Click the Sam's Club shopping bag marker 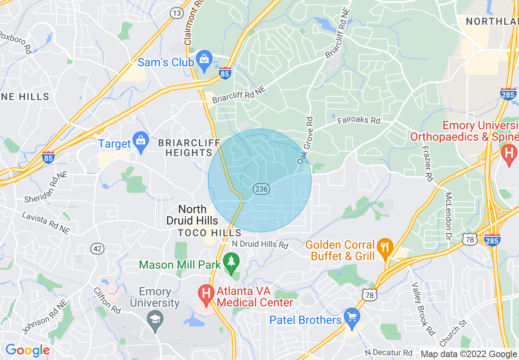(x=203, y=60)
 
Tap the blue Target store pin (x=141, y=142)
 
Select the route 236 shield (x=261, y=189)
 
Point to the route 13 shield (x=177, y=13)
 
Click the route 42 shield (x=97, y=248)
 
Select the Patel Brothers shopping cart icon (x=352, y=317)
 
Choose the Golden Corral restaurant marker (x=384, y=247)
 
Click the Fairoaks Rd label (x=359, y=121)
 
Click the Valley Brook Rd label (x=423, y=308)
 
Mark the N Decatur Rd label (x=388, y=352)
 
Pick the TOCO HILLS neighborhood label (x=210, y=233)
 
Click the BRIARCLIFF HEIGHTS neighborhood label (x=185, y=148)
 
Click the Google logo (x=27, y=350)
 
